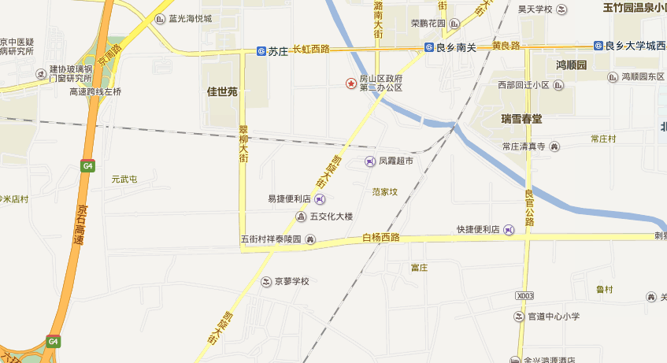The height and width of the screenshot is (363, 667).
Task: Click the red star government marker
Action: (351, 83)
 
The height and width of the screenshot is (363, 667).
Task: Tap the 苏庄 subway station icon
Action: (261, 51)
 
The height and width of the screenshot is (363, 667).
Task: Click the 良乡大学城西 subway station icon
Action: (599, 46)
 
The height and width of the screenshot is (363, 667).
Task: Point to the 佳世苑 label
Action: (222, 91)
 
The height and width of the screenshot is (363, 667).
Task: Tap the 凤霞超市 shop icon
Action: (370, 161)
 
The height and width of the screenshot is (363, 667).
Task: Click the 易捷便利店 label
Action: (289, 198)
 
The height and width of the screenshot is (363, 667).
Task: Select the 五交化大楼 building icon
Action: (300, 217)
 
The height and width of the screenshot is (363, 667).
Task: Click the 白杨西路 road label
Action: (381, 237)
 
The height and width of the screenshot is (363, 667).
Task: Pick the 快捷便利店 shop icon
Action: (509, 230)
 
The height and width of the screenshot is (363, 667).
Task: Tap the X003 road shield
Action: (525, 295)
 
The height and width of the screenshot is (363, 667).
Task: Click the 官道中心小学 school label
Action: (554, 317)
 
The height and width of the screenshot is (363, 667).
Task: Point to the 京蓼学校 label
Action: (291, 280)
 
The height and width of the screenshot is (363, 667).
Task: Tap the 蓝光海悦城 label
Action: (190, 18)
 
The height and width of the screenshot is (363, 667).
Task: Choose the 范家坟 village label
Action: (385, 191)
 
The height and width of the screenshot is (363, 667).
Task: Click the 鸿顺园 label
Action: (572, 65)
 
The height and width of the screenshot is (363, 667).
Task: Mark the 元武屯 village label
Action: (124, 180)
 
